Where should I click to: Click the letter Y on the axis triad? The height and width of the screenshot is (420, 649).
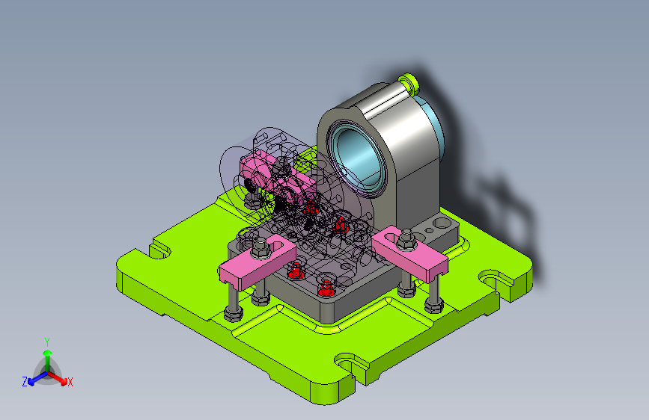tap(47, 342)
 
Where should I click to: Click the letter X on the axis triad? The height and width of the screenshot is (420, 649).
tap(70, 382)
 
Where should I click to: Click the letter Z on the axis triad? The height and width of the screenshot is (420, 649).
tap(25, 382)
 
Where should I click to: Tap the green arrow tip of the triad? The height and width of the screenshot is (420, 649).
tap(48, 353)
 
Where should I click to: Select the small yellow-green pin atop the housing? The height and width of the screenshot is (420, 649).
tap(408, 82)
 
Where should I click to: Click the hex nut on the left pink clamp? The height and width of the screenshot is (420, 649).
tap(260, 247)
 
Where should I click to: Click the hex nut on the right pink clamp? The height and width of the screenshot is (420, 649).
tap(406, 240)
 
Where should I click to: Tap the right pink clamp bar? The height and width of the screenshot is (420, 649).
tap(409, 251)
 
